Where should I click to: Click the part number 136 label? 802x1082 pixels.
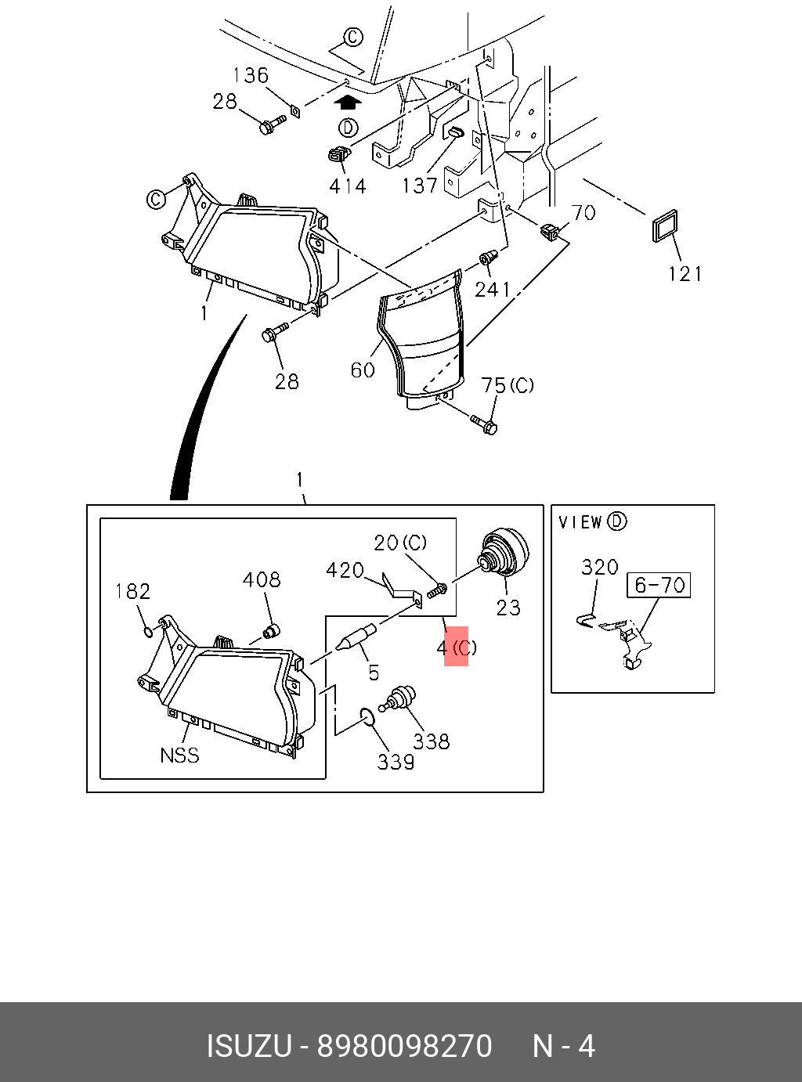coord(251,75)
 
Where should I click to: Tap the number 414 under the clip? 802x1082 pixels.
coord(347,186)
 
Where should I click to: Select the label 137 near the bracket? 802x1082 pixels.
coord(420,186)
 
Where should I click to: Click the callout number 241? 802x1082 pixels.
coord(493,290)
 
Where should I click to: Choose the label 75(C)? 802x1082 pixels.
coord(508,386)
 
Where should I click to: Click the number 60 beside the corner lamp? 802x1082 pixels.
coord(363,370)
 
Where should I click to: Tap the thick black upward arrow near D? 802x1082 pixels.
coord(349,102)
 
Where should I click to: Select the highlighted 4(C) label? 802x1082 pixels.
coord(457,647)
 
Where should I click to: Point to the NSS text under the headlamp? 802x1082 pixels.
coord(179,756)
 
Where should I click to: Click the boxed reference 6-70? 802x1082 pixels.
coord(659,585)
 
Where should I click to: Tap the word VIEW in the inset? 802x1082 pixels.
coord(580,522)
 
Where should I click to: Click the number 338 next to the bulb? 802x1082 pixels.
coord(432,741)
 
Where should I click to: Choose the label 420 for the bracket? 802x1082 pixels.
coord(345,570)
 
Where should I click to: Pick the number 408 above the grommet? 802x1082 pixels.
coord(261,579)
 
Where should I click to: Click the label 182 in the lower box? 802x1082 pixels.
coord(132,591)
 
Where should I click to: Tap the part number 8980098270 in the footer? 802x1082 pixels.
coord(404,1046)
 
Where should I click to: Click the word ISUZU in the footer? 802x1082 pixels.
coord(248,1046)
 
